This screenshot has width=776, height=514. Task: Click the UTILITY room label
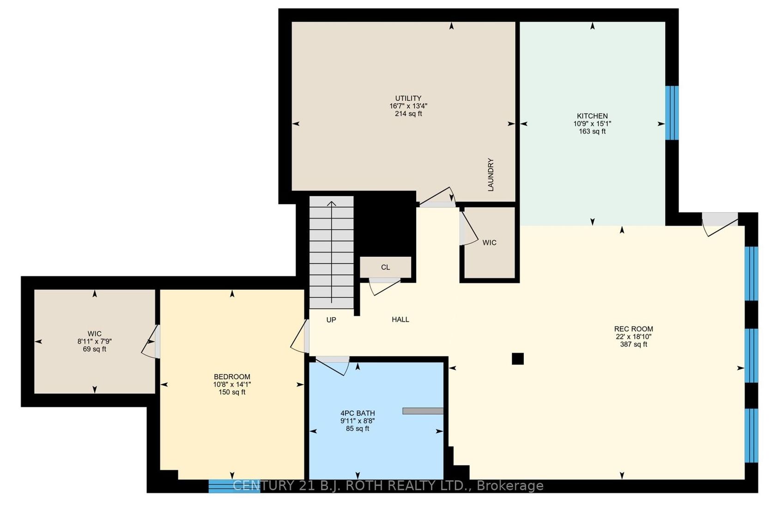pos(408,98)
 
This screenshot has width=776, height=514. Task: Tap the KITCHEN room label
pos(592,116)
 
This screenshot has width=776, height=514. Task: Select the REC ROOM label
pos(634,329)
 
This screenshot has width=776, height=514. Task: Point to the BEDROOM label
pos(232,377)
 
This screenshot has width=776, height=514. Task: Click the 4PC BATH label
pos(358,413)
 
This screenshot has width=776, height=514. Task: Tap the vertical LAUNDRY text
pos(491,175)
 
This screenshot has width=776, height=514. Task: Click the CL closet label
pos(385,267)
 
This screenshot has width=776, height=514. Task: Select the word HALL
pos(400,319)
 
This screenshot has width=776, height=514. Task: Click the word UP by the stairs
pos(331,320)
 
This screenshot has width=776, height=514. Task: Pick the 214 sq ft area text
pos(408,114)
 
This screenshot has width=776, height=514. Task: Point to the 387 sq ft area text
pos(634,344)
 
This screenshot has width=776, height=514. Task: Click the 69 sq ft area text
pos(95,349)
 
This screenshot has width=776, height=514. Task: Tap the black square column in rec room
pos(517,359)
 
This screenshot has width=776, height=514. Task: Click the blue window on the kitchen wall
pos(672,113)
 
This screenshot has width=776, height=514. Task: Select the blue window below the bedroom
pos(234,486)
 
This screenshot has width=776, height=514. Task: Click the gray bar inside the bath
pos(423,411)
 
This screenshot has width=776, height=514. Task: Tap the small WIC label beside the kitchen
pos(489,243)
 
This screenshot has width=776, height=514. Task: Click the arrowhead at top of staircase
pos(332,203)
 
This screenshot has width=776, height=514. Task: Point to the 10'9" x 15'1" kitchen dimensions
pos(592,124)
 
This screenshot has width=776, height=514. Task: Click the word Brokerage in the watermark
pos(510,486)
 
